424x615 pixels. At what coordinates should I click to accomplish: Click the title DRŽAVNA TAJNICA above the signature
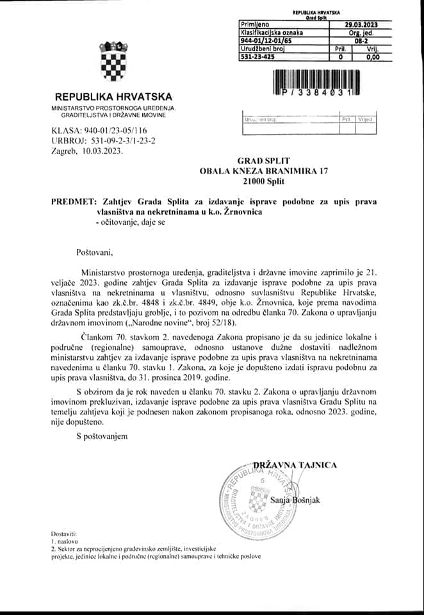pyautogui.click(x=294, y=465)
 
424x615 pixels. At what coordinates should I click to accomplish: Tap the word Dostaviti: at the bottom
pyautogui.click(x=64, y=534)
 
